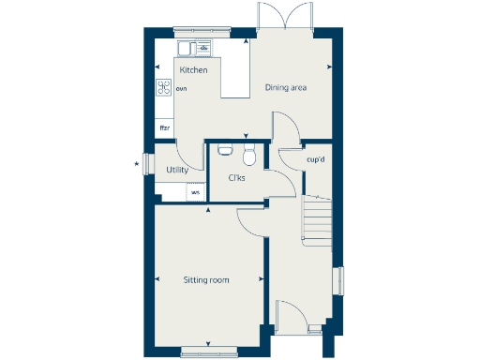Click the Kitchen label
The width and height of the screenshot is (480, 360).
(193, 70)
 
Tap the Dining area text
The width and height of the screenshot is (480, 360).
(286, 88)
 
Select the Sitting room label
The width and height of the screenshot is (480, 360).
(206, 279)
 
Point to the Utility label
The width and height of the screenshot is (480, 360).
(177, 170)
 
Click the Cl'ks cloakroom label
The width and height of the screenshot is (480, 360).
(236, 177)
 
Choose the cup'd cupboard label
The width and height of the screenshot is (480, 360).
(316, 159)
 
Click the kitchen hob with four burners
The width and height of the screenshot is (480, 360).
(164, 89)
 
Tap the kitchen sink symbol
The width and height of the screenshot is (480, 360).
(195, 48)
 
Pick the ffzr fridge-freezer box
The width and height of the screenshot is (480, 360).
(164, 127)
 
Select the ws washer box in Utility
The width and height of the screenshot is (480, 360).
(195, 192)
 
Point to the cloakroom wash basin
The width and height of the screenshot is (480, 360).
(225, 148)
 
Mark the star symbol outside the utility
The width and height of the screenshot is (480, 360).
(137, 165)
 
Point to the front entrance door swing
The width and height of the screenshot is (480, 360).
(290, 315)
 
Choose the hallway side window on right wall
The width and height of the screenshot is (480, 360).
(339, 280)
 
